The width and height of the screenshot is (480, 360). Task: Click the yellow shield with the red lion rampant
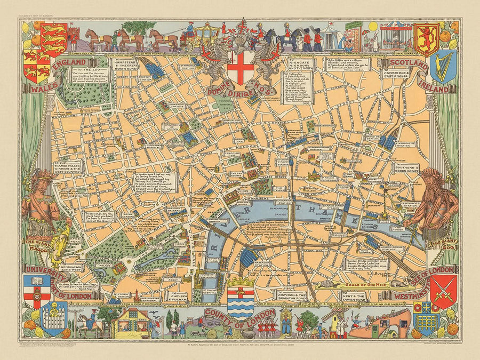tap(426, 39)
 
